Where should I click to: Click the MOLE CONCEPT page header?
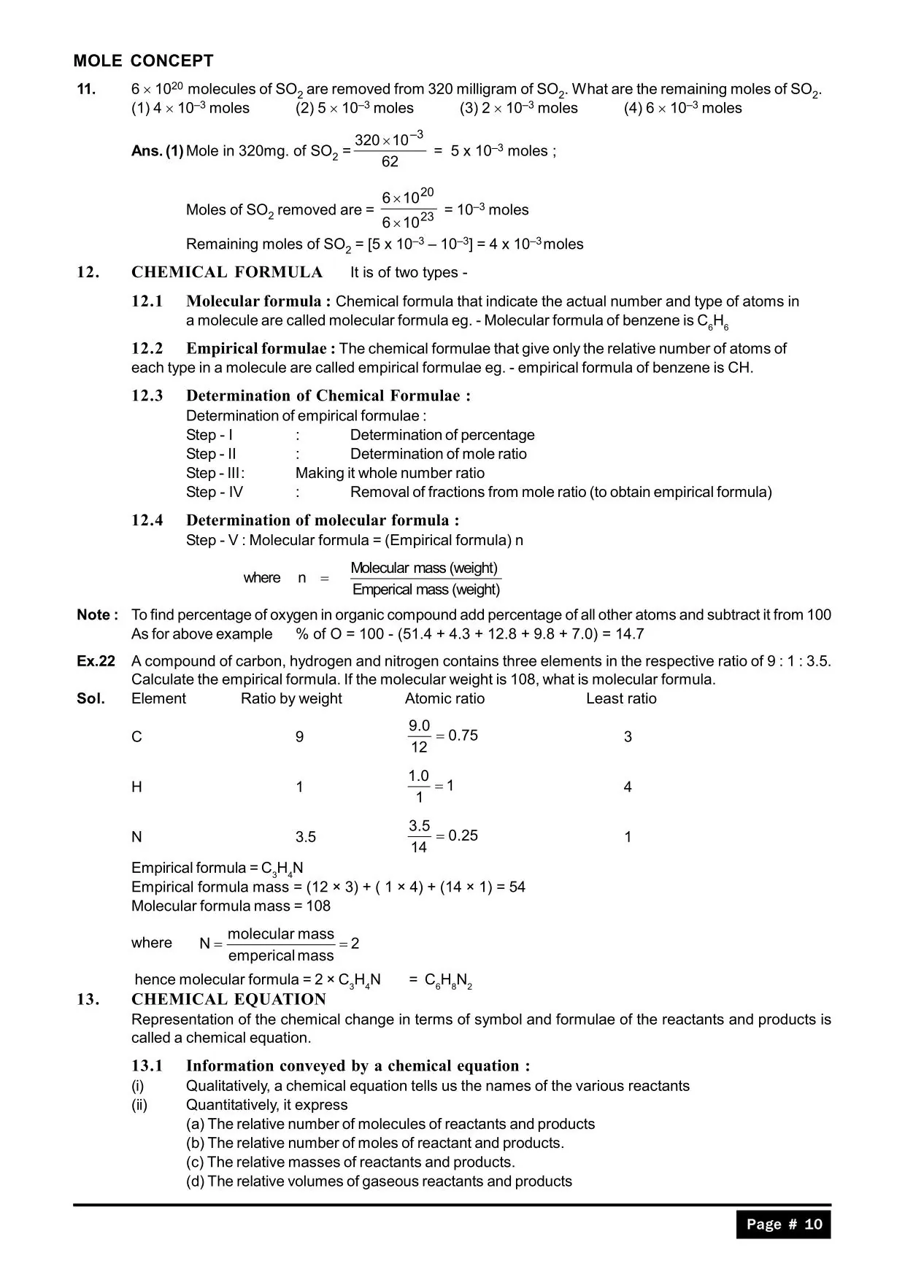point(143,61)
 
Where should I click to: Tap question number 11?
point(86,89)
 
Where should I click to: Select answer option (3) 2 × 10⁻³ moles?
point(518,108)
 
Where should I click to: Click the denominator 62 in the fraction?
point(390,161)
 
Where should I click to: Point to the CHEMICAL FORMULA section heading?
point(226,272)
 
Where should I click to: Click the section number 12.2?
point(147,348)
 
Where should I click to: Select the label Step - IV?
point(214,492)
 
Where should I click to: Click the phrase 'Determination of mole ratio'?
point(438,454)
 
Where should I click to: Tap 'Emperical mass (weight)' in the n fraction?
point(426,590)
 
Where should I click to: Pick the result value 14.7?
point(629,633)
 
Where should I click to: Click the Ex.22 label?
point(96,661)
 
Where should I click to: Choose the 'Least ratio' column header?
point(621,698)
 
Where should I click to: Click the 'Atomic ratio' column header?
point(444,698)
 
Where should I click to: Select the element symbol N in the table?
point(136,837)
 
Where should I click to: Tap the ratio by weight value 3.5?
point(305,837)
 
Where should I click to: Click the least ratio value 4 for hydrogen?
point(628,787)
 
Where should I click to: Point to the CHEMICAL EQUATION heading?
point(228,999)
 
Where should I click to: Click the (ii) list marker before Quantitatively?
point(139,1105)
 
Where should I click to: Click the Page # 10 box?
point(783,1224)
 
